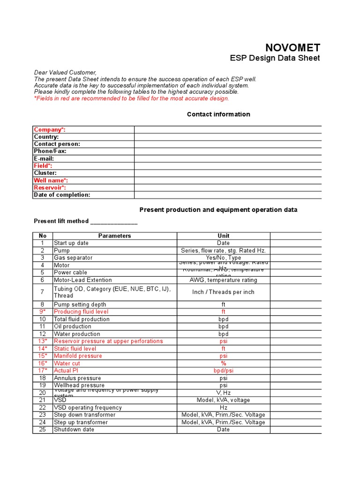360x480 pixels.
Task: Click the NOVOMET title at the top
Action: click(293, 47)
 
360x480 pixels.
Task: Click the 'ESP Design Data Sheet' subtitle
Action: click(275, 58)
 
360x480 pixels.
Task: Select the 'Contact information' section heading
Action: click(218, 114)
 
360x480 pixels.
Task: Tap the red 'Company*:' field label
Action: click(50, 129)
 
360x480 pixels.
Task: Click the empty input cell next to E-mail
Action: click(228, 158)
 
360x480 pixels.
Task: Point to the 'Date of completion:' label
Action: click(62, 195)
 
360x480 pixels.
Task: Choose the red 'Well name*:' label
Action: click(51, 180)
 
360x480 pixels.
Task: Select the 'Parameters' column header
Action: click(114, 236)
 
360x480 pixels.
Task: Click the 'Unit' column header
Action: click(224, 236)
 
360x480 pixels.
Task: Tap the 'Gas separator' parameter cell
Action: click(73, 258)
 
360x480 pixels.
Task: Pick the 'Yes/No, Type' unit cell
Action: click(224, 258)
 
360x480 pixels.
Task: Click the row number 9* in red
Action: click(43, 312)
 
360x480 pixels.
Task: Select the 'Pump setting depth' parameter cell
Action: click(80, 305)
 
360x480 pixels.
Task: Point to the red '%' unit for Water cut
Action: click(224, 363)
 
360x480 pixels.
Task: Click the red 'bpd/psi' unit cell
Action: click(224, 371)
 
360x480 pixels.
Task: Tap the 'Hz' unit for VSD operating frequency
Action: click(224, 408)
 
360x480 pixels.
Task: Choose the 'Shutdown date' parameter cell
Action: click(74, 429)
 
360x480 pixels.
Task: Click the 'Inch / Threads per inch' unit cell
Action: click(224, 292)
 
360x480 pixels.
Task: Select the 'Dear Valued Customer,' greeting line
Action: click(65, 73)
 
